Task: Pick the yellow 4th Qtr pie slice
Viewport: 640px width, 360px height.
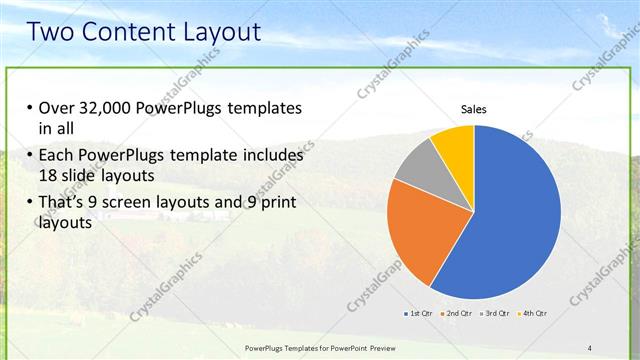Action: tap(454, 144)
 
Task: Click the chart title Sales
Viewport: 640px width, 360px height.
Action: tap(473, 109)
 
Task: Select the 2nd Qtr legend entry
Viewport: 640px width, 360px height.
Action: tap(456, 313)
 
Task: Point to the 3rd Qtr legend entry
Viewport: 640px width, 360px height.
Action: tap(495, 313)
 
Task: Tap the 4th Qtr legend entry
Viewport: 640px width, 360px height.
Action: tap(533, 313)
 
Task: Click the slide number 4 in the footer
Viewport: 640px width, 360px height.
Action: tap(589, 347)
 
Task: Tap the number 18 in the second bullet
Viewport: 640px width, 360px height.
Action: tap(48, 174)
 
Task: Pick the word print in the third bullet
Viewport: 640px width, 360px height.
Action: tap(278, 203)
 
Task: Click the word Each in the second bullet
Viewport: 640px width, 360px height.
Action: tap(56, 156)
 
